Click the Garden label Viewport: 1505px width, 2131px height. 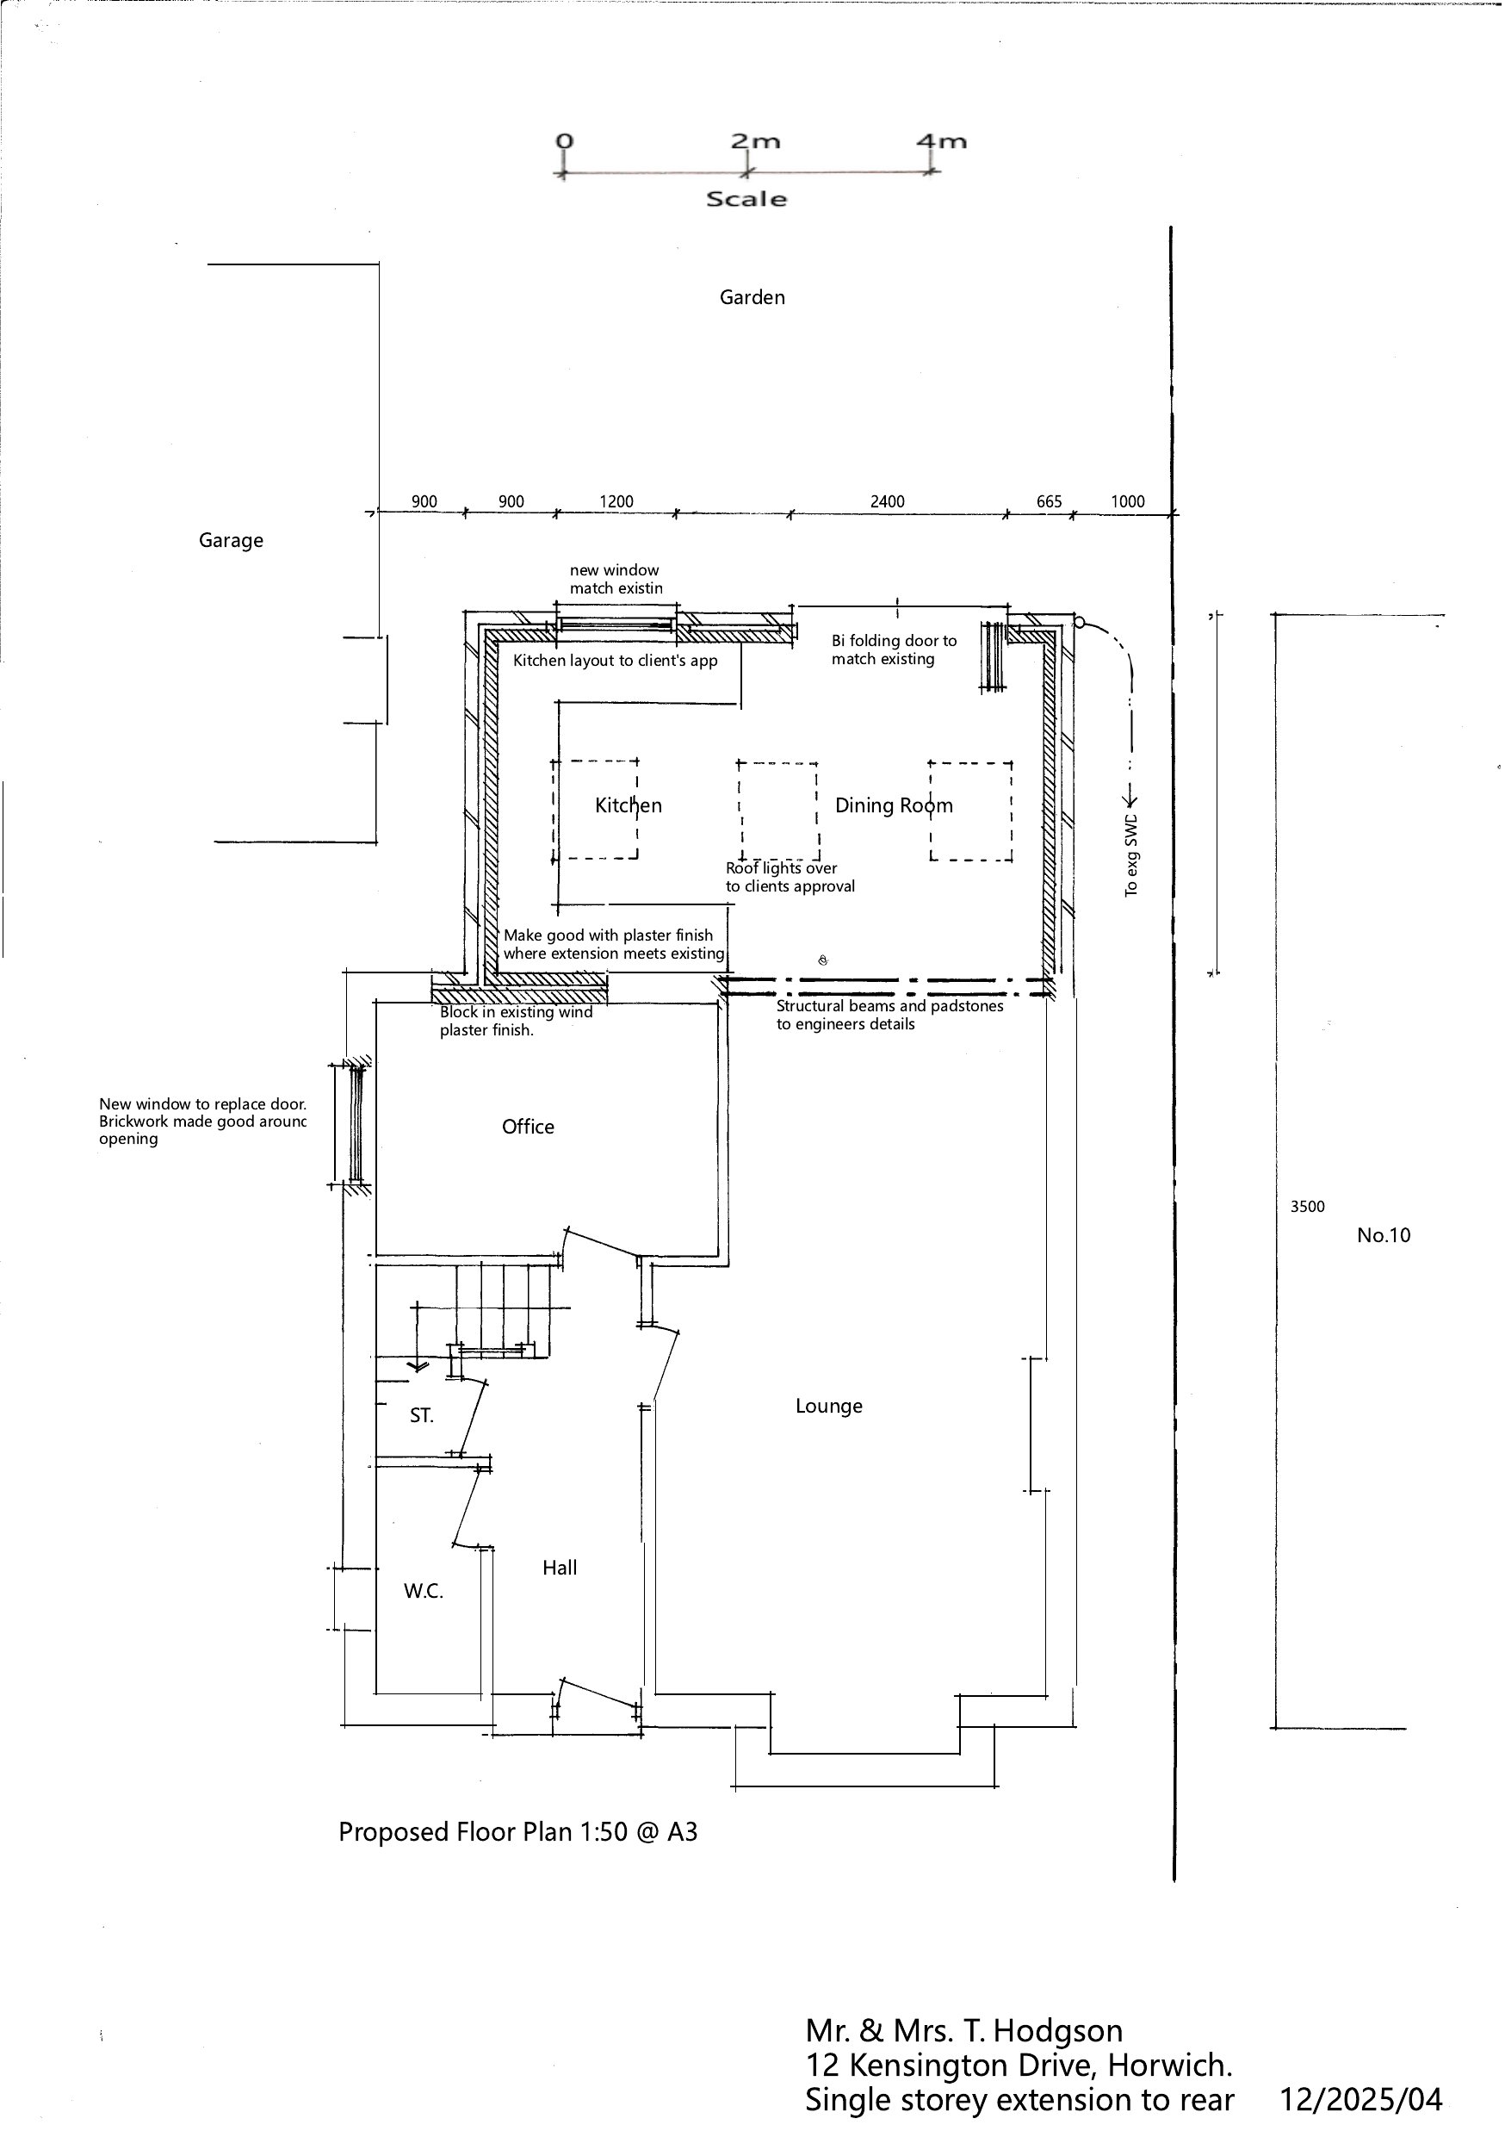(752, 297)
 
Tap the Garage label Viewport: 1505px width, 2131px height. (231, 540)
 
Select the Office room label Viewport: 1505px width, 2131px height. (528, 1126)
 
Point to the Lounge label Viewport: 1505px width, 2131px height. (828, 1405)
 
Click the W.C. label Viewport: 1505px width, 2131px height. (423, 1591)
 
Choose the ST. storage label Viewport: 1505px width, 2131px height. (421, 1415)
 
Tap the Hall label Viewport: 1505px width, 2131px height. (560, 1568)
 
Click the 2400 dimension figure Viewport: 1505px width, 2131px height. (887, 501)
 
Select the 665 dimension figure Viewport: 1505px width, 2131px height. (1049, 501)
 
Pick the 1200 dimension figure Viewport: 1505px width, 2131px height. (616, 501)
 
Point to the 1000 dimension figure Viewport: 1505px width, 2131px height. (1127, 501)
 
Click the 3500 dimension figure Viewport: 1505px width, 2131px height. (1307, 1207)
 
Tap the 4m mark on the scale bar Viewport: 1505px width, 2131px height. (941, 141)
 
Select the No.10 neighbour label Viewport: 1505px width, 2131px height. (1384, 1234)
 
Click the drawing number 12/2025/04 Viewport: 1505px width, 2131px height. (1361, 2099)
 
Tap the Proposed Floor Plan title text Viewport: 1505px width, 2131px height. (517, 1831)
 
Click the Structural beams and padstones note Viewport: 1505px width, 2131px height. (889, 1015)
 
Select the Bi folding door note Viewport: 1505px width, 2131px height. (894, 649)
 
